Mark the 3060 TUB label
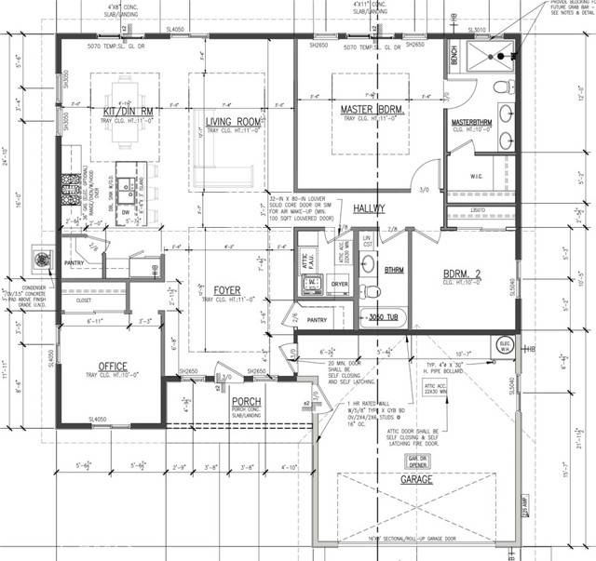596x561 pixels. pyautogui.click(x=386, y=316)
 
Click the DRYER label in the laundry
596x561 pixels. pyautogui.click(x=339, y=285)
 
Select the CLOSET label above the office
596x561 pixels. pyautogui.click(x=83, y=301)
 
